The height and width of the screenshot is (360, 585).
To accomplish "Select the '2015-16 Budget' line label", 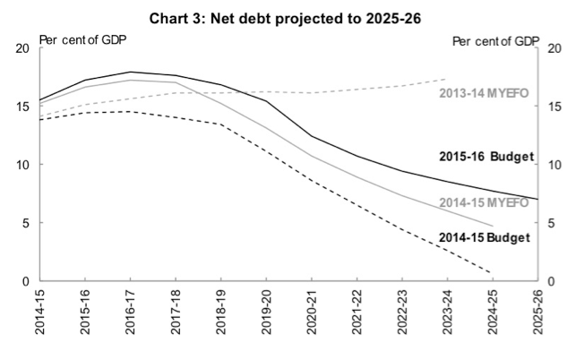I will coord(486,156).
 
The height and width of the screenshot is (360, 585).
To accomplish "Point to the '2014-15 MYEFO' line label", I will coord(485,202).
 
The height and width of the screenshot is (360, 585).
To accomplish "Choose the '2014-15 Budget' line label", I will coord(485,237).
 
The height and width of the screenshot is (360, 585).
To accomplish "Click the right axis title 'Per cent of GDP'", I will coord(494,41).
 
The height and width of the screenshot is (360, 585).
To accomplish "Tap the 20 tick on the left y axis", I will coord(23,47).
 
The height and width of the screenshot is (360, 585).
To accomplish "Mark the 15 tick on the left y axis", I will coord(23,107).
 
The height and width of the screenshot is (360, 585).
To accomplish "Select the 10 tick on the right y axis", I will coord(555,165).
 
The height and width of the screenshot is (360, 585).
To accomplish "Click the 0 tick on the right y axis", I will coord(551,282).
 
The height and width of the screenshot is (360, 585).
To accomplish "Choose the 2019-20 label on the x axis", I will coord(265,313).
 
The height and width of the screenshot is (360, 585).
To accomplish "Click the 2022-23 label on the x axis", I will coord(400,313).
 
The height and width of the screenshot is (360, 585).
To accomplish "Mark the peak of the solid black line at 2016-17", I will coord(131,72).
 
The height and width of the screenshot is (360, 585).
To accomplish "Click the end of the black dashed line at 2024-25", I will coord(491,272).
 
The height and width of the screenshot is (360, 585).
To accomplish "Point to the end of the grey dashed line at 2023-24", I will coord(445,79).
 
